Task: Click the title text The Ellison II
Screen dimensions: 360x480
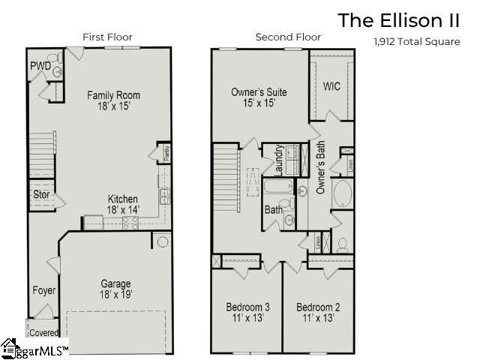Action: click(x=398, y=19)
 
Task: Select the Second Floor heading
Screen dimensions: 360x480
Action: click(x=288, y=37)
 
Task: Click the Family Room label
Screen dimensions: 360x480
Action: click(x=113, y=95)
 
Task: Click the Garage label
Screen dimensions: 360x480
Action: click(x=116, y=283)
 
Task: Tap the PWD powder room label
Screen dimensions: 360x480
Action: click(x=40, y=66)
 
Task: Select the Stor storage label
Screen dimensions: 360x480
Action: click(x=41, y=195)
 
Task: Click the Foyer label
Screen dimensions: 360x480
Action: click(x=43, y=290)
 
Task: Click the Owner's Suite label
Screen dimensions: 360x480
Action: click(x=258, y=92)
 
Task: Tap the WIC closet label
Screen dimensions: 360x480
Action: click(x=331, y=86)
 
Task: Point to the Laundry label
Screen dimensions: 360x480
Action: click(x=278, y=159)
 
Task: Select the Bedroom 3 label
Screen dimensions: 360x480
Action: click(x=247, y=307)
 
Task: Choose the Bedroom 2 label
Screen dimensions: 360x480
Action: click(x=318, y=307)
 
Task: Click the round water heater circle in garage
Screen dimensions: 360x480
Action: click(x=161, y=241)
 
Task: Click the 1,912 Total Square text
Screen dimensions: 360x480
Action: click(x=416, y=42)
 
